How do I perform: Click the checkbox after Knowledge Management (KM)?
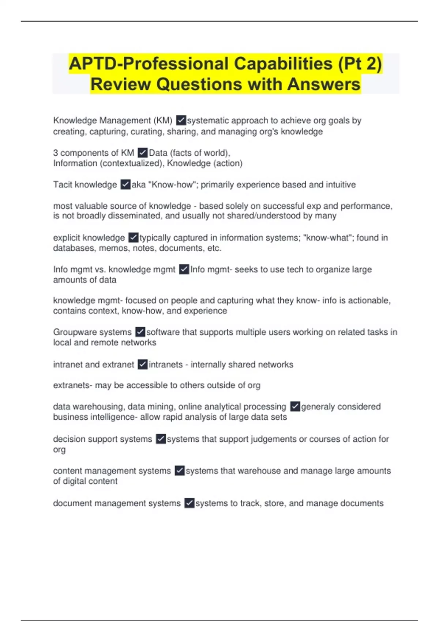181,120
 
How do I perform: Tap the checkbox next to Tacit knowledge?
125,184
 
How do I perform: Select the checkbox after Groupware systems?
140,332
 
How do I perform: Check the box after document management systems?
189,503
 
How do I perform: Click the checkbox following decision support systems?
161,439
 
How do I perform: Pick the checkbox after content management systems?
179,470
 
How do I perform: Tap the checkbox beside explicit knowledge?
133,238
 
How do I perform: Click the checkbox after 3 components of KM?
143,152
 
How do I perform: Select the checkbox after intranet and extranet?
143,364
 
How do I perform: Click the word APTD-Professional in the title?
148,64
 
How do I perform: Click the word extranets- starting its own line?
72,385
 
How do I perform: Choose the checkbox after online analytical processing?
295,407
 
